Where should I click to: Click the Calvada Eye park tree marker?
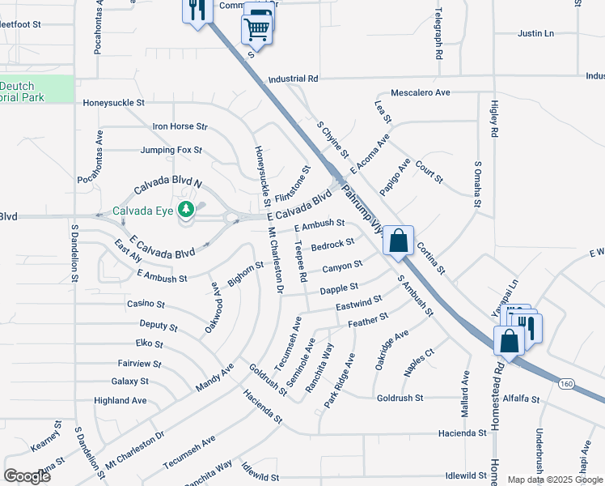click(187, 211)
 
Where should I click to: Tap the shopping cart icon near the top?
click(256, 29)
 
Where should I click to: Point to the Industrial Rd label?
click(293, 79)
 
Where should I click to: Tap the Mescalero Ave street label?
click(420, 92)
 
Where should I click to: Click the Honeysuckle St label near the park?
click(113, 103)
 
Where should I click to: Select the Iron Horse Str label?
click(180, 126)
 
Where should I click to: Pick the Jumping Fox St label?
click(171, 150)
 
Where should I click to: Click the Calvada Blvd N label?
click(167, 187)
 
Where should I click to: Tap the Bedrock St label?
click(332, 243)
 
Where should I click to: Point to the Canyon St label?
click(342, 266)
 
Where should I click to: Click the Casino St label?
click(146, 305)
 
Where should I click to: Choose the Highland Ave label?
click(120, 400)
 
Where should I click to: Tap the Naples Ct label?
click(420, 361)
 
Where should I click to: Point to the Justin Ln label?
click(535, 33)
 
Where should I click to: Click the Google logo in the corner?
click(27, 476)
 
